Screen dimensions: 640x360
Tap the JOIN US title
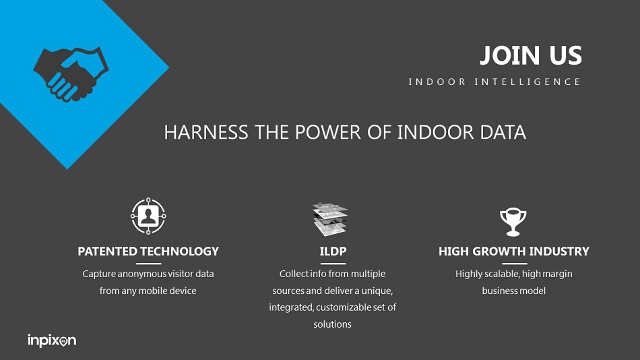tap(531, 55)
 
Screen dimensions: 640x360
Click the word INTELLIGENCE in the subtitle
tap(527, 82)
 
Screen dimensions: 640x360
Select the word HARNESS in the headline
tap(206, 132)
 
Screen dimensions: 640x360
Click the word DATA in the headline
tap(503, 132)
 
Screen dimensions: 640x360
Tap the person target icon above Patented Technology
tap(148, 216)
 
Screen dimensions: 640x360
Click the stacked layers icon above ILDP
tap(330, 219)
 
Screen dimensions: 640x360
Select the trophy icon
tap(513, 222)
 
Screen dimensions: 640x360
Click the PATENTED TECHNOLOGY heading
tap(148, 251)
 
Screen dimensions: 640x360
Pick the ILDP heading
tap(333, 251)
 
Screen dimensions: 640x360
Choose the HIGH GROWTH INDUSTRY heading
tap(514, 251)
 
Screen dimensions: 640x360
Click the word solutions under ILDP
tap(332, 324)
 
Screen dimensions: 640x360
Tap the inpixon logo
tap(52, 340)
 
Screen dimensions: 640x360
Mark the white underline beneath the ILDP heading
tap(333, 264)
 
